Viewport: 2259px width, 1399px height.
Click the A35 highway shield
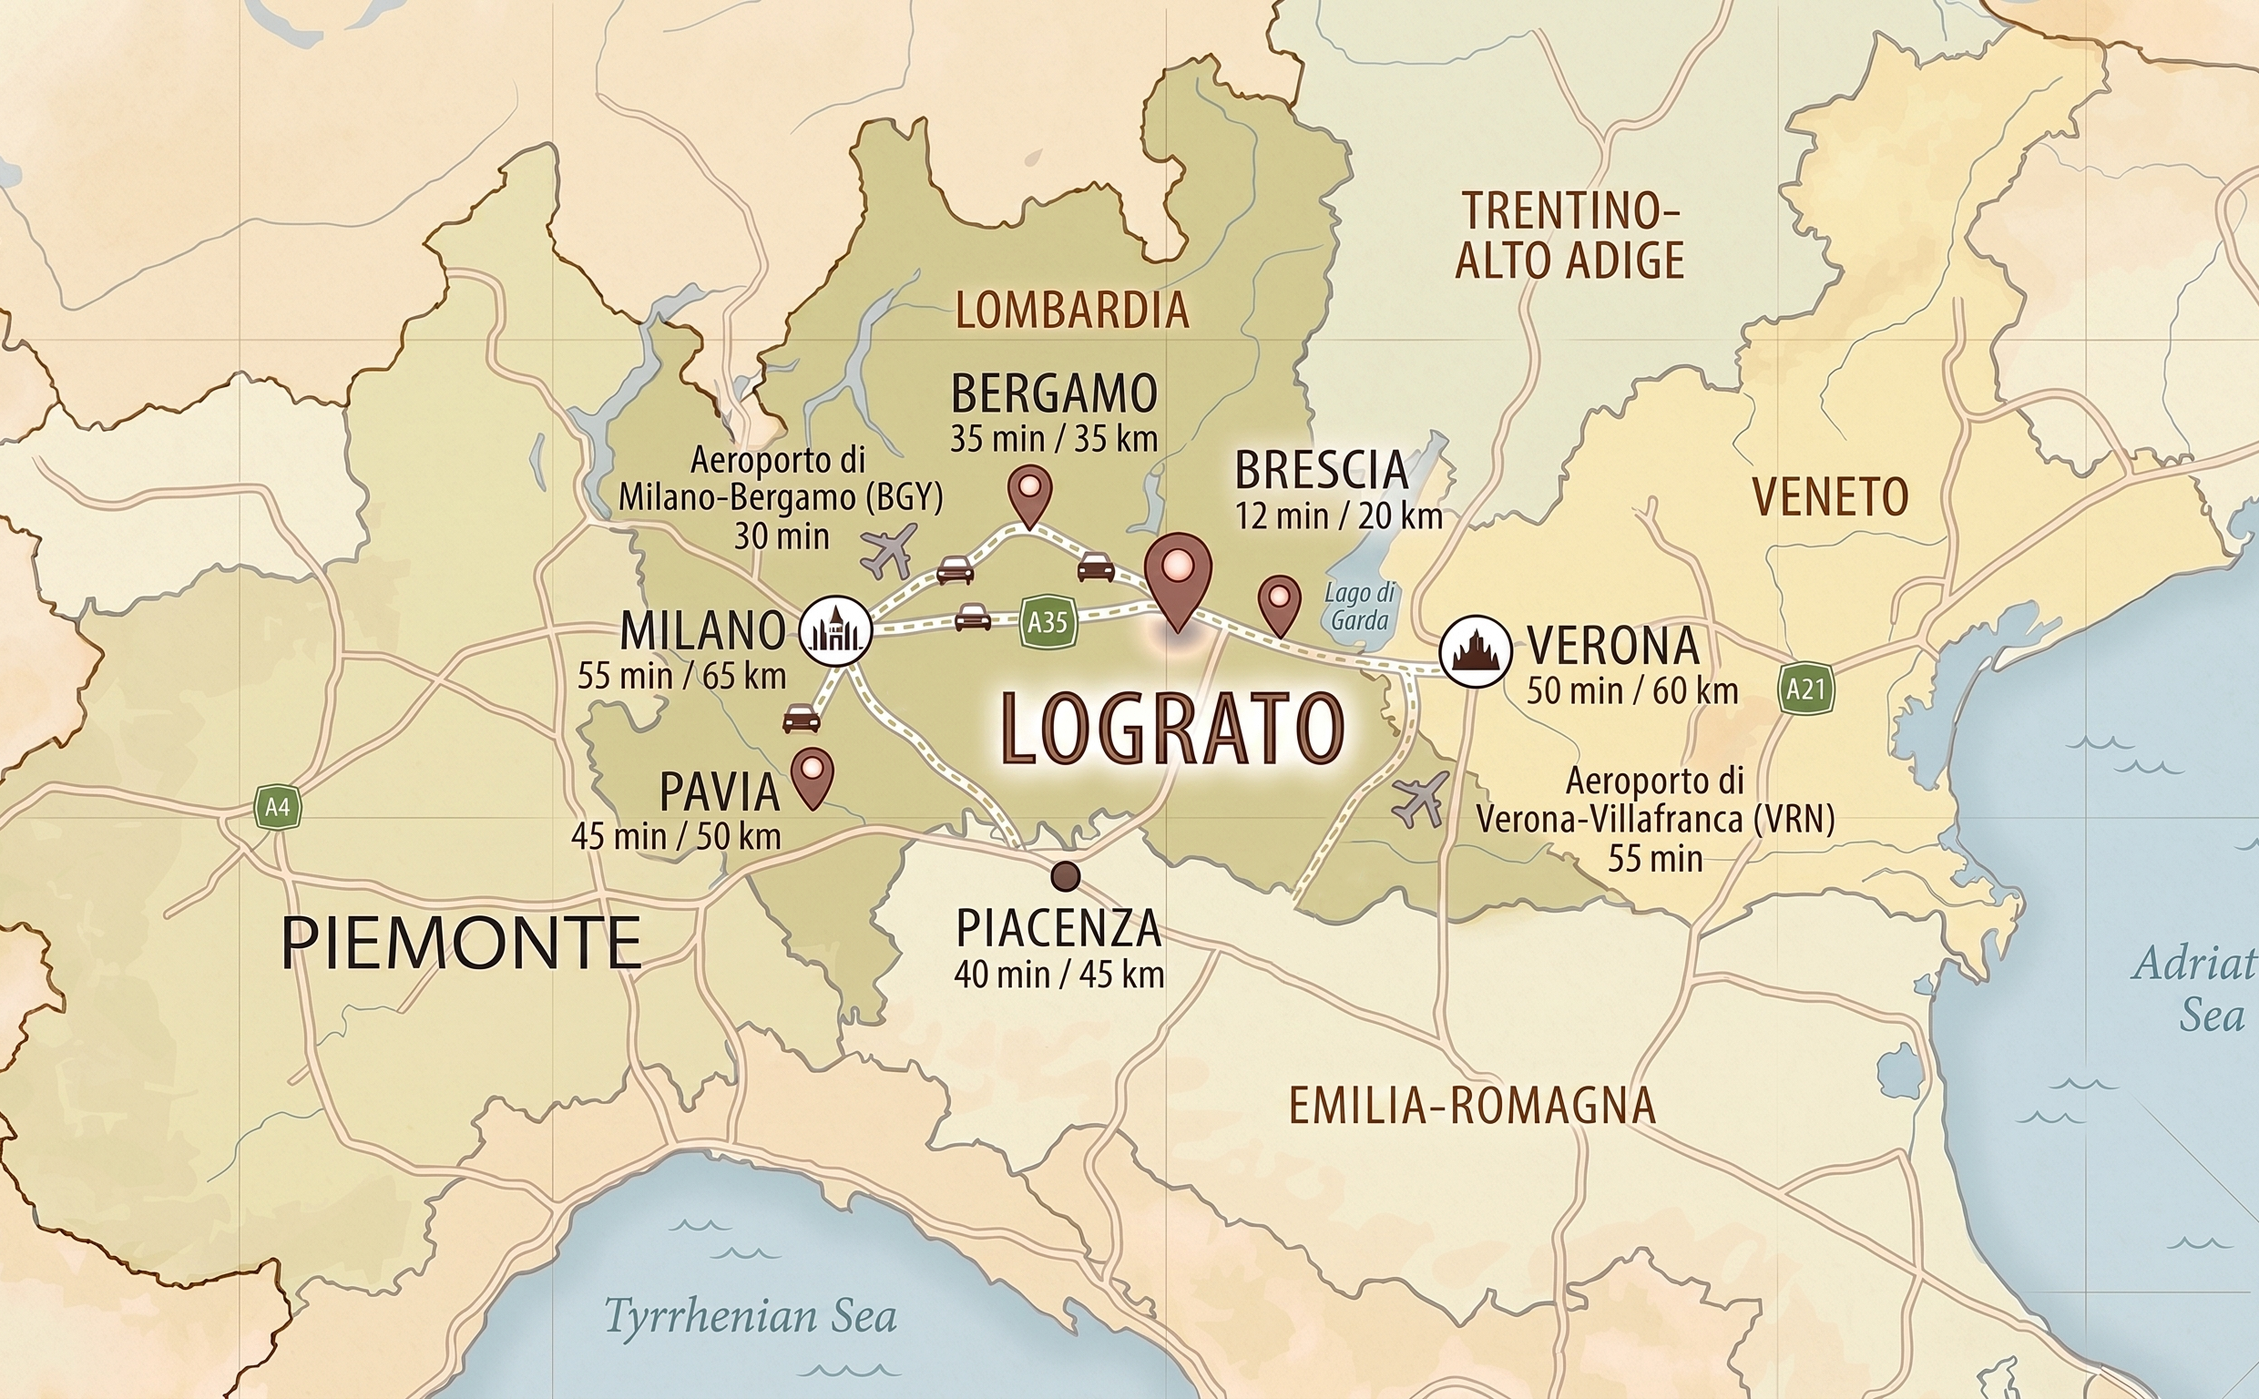(1048, 622)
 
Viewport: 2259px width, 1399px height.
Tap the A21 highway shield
(1805, 689)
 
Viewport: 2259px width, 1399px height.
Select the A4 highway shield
(278, 807)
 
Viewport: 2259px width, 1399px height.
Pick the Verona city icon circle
(1476, 650)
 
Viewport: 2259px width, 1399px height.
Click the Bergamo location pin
(1029, 492)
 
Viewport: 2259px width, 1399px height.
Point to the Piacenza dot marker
(1066, 874)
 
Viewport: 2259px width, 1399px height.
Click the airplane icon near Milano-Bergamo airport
(888, 549)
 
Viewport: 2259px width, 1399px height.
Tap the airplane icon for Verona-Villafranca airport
(1420, 799)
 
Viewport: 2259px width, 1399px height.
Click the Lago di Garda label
(1359, 606)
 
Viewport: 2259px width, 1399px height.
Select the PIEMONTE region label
(461, 942)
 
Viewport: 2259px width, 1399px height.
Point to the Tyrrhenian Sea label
(750, 1316)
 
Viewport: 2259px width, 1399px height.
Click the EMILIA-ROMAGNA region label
(1471, 1106)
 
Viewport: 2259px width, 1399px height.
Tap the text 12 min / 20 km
(1339, 516)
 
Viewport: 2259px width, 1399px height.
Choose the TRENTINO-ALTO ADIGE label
(1569, 236)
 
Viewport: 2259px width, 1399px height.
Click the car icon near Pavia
(801, 717)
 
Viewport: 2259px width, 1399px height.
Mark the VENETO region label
(1830, 497)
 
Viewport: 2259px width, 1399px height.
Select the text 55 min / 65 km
(681, 676)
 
